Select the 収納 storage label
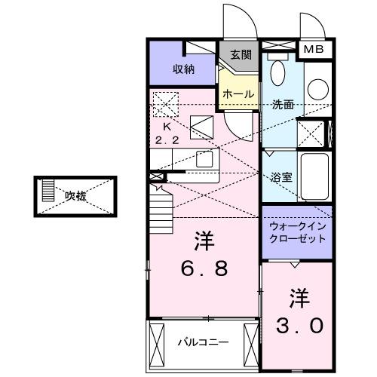(x=183, y=69)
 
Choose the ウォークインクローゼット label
(x=297, y=231)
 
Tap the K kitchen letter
(x=168, y=127)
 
